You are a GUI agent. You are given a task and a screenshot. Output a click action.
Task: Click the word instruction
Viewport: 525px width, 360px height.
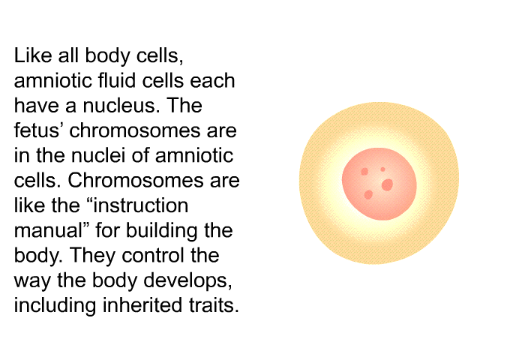(x=140, y=205)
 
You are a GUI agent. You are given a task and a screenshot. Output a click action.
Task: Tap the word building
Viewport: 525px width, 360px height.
(x=163, y=231)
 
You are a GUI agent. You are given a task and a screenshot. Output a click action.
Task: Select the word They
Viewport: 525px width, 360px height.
(x=93, y=255)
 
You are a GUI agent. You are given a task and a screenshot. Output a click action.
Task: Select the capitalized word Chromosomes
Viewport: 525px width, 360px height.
(x=135, y=180)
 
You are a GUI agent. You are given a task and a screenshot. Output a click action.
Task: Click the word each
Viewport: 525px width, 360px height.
(x=212, y=80)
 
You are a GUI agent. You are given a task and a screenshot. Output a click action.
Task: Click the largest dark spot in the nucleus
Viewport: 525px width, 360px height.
(x=388, y=184)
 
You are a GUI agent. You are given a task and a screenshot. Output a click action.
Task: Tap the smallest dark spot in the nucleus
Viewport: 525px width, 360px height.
(x=382, y=169)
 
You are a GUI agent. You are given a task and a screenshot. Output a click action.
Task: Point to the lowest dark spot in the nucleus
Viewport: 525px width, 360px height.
(x=368, y=194)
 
